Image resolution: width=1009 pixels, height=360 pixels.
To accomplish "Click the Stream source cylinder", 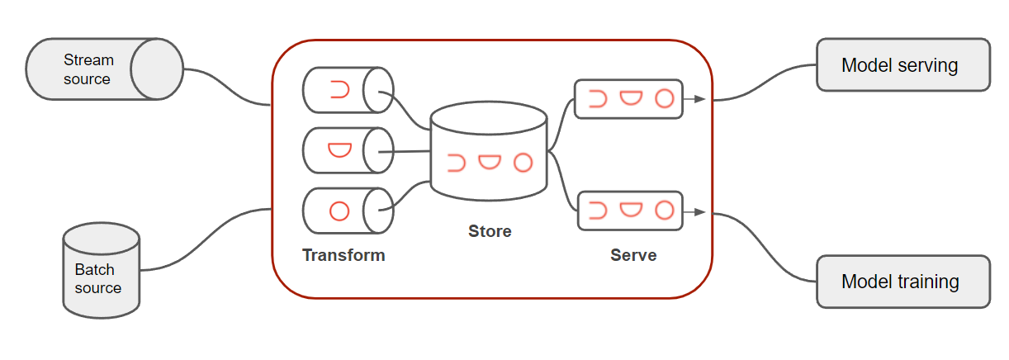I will tap(103, 70).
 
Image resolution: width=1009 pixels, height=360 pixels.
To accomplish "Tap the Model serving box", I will tap(902, 64).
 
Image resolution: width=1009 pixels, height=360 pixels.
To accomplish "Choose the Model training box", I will tap(902, 282).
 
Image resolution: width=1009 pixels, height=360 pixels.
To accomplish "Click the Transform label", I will tap(343, 255).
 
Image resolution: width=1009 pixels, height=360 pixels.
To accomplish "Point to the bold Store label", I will tap(490, 231).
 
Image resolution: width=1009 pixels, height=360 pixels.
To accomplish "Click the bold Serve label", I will tap(633, 255).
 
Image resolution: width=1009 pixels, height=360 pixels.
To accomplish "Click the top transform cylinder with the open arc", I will tap(347, 90).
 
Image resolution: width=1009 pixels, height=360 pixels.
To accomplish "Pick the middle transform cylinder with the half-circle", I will tap(347, 150).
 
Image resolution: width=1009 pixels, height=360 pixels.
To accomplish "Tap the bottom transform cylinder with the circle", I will tap(347, 211).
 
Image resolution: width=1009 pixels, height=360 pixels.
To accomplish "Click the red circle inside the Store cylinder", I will tap(523, 163).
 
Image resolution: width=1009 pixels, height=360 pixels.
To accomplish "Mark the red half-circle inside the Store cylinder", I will tap(490, 162).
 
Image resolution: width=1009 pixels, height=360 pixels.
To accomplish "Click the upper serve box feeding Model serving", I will tap(628, 99).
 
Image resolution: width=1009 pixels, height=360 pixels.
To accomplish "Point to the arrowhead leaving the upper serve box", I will tap(700, 99).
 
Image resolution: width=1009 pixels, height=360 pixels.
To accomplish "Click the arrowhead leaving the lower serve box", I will tap(700, 211).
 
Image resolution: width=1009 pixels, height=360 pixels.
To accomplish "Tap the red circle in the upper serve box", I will tap(665, 99).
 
